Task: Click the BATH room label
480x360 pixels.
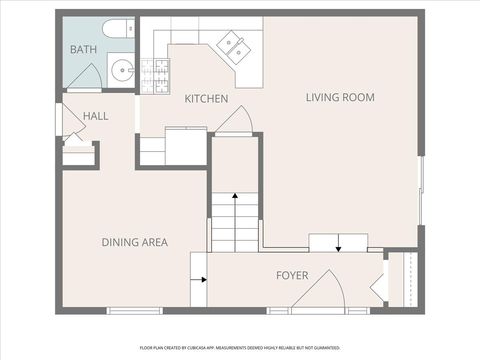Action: pos(83,49)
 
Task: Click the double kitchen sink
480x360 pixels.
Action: pos(235,44)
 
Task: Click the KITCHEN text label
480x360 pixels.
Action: pos(206,99)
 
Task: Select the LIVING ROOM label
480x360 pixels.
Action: pos(339,97)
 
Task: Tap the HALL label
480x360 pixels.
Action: pos(96,116)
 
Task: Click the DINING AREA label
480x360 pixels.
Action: pos(134,242)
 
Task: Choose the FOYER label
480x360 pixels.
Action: pos(292,275)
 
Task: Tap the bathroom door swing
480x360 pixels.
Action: pos(85,76)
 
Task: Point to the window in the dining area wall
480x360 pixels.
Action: pos(134,311)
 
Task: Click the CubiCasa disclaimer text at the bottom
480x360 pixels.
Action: pos(240,348)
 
